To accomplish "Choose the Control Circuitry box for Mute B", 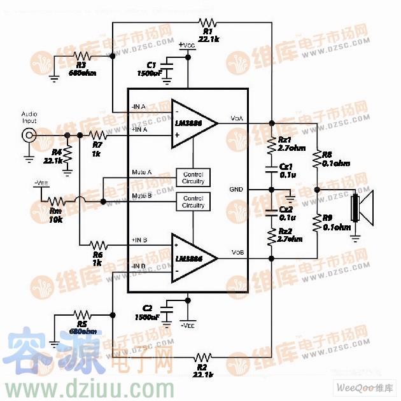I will (x=193, y=202).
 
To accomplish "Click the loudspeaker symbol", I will (x=361, y=208).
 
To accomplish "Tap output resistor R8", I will (x=316, y=158).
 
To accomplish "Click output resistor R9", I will (x=316, y=222).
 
